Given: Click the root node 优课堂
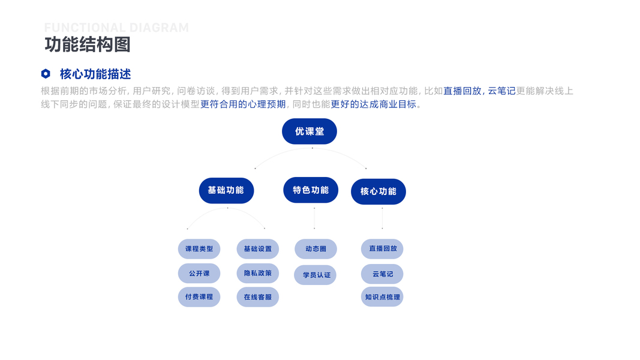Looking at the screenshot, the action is pos(310,131).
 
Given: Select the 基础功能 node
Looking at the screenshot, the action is pos(226,191).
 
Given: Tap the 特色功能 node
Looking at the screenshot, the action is pos(311,190).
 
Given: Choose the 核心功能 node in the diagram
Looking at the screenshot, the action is pos(378,192).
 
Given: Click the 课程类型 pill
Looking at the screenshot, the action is pos(199,249).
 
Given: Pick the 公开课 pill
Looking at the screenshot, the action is pos(199,274).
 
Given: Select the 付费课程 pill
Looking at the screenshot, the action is pos(199,297).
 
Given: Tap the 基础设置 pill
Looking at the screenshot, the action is pos(258,249).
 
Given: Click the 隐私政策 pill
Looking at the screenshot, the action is pos(258,273).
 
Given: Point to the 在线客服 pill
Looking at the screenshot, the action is pos(258,297).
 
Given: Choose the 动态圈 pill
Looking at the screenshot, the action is pos(316,249).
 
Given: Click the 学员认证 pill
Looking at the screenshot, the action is pos(316,275).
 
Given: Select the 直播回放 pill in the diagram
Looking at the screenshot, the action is pos(382,249).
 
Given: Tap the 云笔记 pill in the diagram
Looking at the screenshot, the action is pos(382,274).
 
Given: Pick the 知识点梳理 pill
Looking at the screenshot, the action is pos(382,297).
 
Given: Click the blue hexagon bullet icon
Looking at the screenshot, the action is pos(46,74).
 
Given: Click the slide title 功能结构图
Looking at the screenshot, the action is pos(88,44).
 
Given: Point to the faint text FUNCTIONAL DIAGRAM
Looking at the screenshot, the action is pos(116,28).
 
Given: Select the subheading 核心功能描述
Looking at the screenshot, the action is pos(95,74).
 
